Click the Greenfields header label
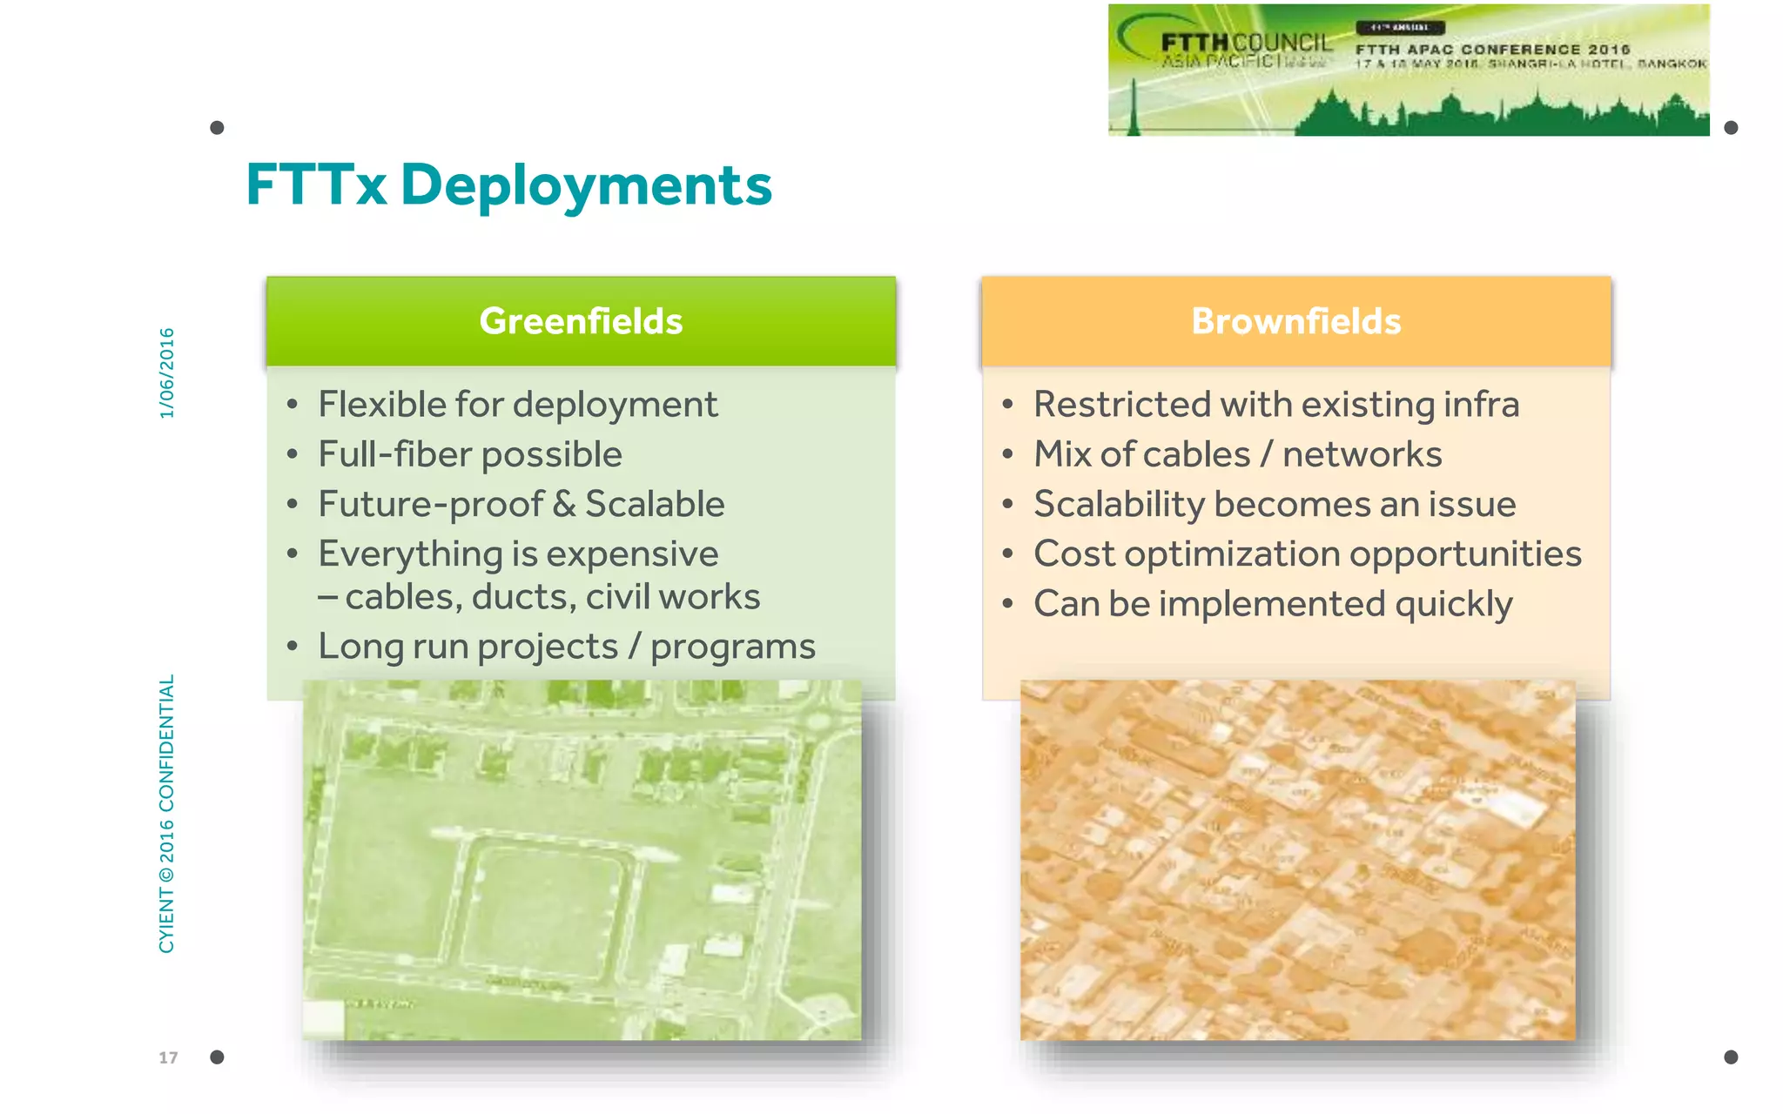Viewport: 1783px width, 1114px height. pyautogui.click(x=581, y=321)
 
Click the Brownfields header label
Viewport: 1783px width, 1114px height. pyautogui.click(x=1295, y=321)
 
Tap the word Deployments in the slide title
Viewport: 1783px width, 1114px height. pyautogui.click(x=585, y=185)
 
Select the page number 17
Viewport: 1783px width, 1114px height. pyautogui.click(x=168, y=1057)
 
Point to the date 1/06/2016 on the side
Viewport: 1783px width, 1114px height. pyautogui.click(x=166, y=372)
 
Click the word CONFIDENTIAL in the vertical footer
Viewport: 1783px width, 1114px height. pyautogui.click(x=166, y=742)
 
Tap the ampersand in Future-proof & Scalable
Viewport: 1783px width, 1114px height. pyautogui.click(x=564, y=505)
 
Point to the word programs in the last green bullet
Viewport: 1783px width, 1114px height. pyautogui.click(x=732, y=647)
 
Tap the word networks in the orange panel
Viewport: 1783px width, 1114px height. pyautogui.click(x=1362, y=454)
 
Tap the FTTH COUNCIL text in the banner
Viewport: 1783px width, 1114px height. pyautogui.click(x=1245, y=43)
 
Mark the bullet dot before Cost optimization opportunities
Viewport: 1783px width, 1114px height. pyautogui.click(x=1007, y=554)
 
